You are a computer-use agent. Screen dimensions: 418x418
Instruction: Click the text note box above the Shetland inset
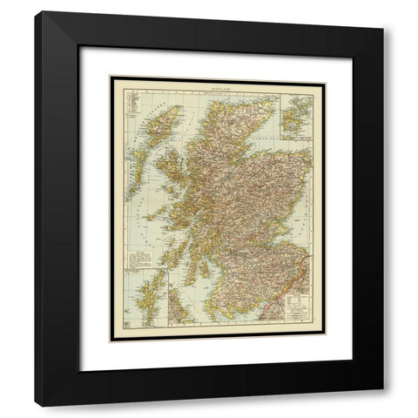pyautogui.click(x=139, y=259)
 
